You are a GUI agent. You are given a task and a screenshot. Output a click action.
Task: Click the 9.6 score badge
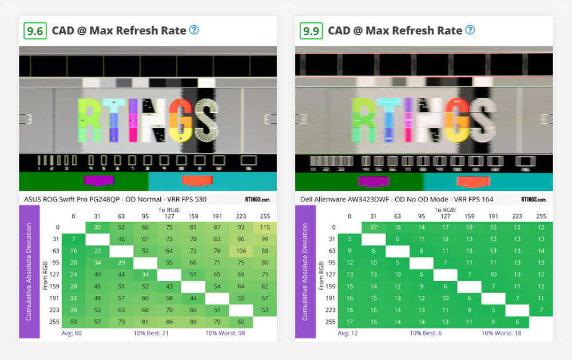coord(35,30)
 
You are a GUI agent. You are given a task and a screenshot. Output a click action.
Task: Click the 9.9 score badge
coord(311,30)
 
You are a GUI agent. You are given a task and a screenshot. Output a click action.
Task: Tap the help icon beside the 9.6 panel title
coord(194,30)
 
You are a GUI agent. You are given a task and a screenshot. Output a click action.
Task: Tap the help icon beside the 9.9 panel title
coord(470,30)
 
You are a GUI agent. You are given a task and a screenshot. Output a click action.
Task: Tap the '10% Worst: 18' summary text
coord(502,333)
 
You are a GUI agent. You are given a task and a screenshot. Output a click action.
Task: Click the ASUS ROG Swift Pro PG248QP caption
coord(115,199)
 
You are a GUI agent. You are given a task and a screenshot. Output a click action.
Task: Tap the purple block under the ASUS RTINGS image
coord(98,180)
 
